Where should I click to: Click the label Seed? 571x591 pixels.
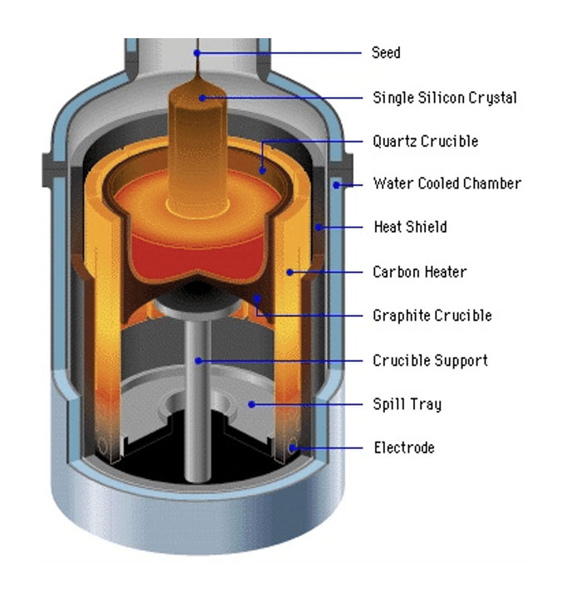coord(386,53)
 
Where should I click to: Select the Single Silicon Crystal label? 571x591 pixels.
coord(444,98)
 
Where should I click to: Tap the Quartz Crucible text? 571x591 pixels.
coord(425,141)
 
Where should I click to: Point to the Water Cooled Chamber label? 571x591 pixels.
coord(447,183)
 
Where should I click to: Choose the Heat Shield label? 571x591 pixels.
coord(409,227)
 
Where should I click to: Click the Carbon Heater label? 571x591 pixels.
coord(419,271)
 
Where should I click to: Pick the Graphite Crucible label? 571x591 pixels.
coord(432,315)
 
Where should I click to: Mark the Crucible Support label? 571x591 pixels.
coord(430,360)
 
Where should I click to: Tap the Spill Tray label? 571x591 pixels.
coord(407,404)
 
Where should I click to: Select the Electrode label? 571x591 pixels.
coord(403,448)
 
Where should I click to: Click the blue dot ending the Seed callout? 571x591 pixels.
coord(198,53)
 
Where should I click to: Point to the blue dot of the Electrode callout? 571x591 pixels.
coord(292,448)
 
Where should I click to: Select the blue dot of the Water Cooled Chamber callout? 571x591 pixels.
coord(337,184)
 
